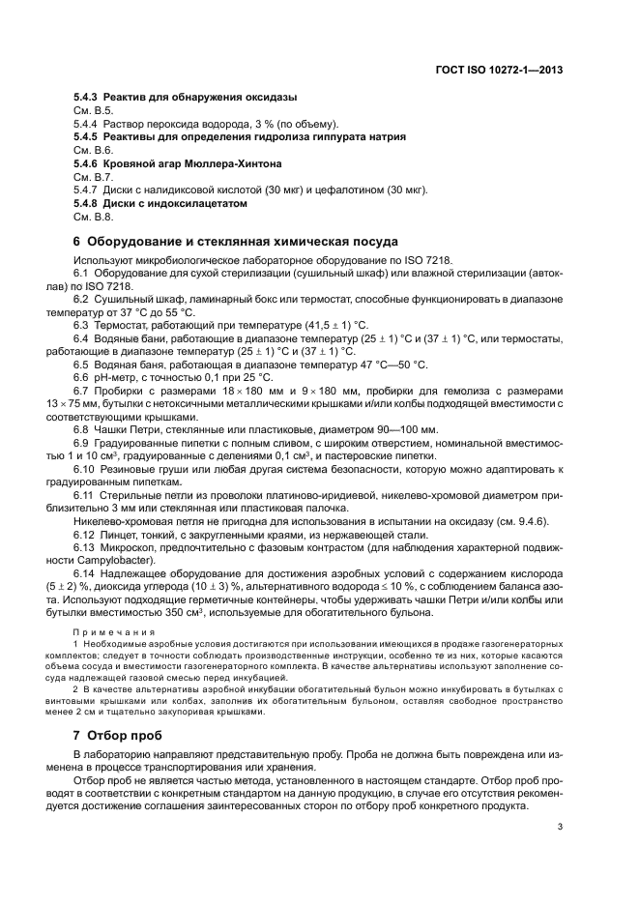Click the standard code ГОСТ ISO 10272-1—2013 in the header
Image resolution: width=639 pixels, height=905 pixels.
(499, 71)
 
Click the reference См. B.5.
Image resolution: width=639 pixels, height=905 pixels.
(93, 111)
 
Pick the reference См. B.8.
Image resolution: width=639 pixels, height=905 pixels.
(93, 217)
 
